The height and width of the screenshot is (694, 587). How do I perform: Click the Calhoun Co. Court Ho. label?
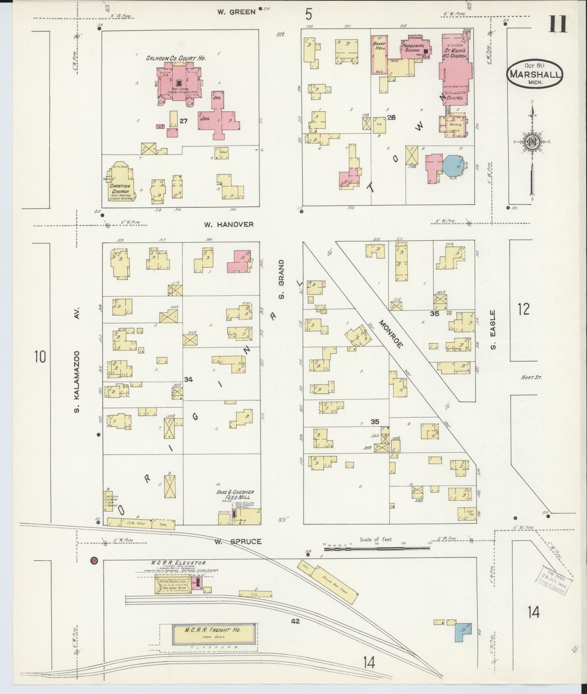[176, 58]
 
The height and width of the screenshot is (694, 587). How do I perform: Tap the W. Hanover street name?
[229, 224]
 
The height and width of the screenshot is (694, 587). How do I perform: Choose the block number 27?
[184, 121]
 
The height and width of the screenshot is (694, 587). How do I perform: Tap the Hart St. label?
[531, 377]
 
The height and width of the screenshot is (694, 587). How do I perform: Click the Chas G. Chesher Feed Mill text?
[235, 494]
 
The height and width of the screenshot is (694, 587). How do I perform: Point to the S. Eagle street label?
[493, 330]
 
